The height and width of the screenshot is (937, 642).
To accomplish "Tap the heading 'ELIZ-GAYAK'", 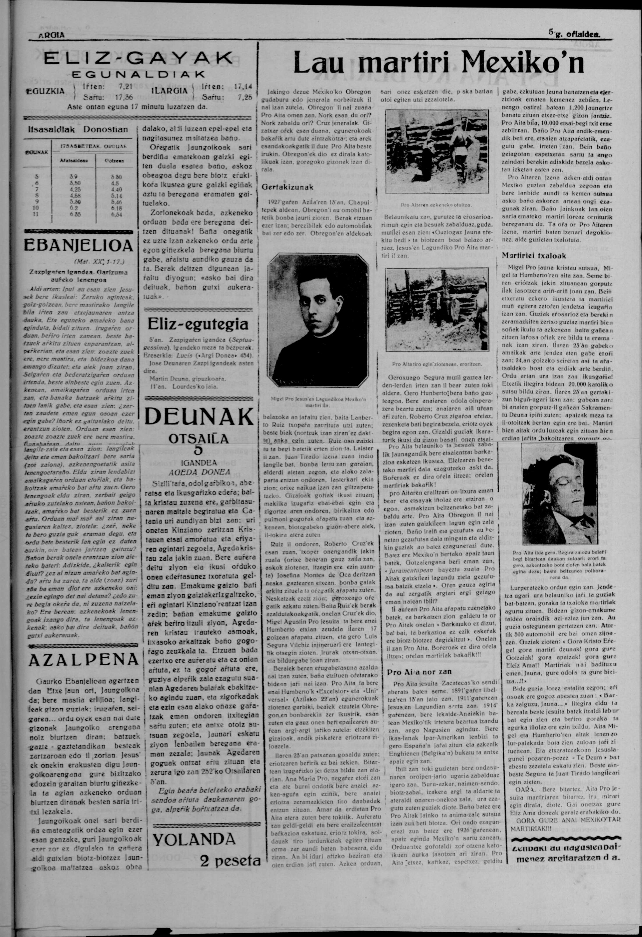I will tap(138, 59).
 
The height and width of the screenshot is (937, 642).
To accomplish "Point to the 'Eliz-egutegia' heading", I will tap(198, 324).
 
